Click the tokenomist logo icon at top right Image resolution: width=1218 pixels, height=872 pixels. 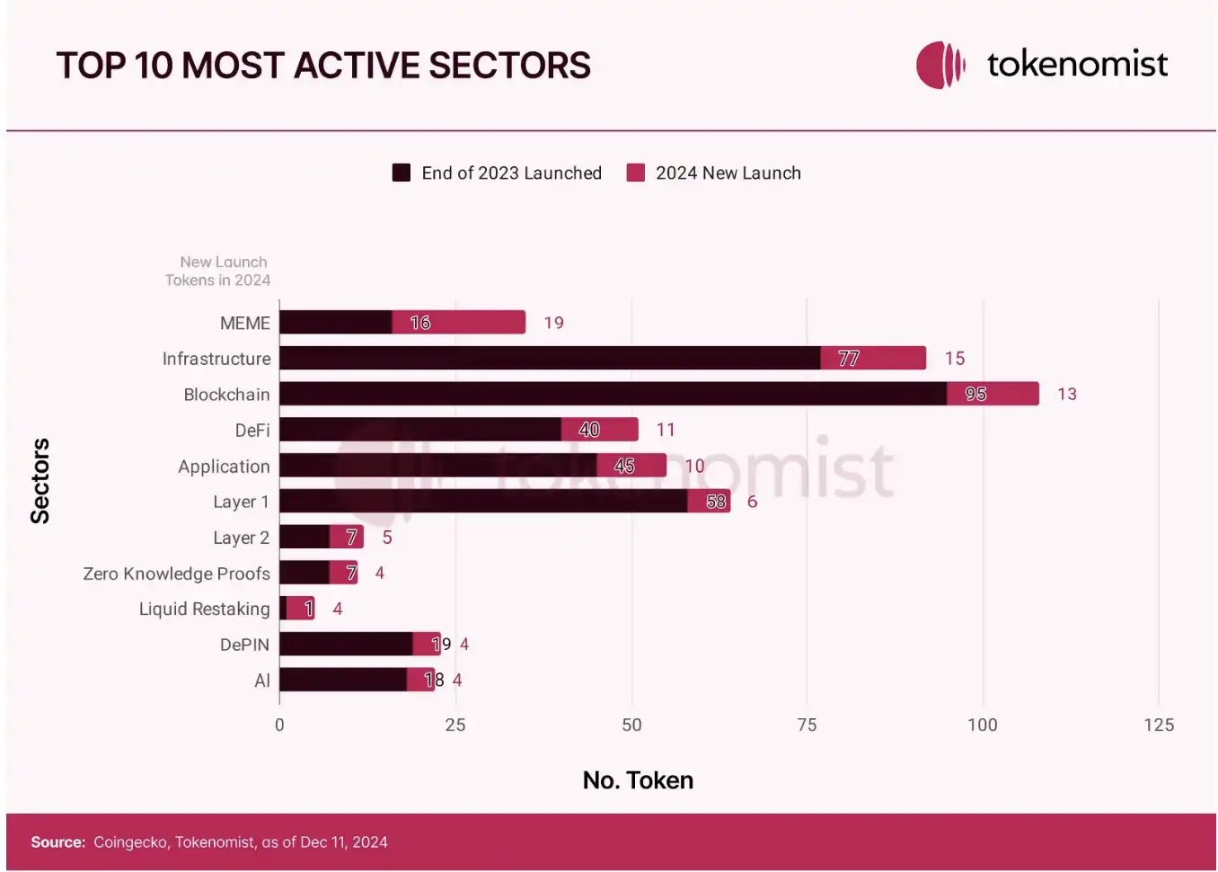coord(940,65)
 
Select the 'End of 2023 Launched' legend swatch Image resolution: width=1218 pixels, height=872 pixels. coord(402,173)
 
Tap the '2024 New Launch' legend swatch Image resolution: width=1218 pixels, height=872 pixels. coord(636,173)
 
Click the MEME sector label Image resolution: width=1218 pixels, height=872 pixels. coord(244,323)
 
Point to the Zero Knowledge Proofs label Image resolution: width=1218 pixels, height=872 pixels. coord(176,574)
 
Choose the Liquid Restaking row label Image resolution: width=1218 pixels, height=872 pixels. coord(204,609)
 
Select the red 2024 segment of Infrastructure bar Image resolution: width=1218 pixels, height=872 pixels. coord(873,358)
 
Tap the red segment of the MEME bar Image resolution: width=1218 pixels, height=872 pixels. coord(459,322)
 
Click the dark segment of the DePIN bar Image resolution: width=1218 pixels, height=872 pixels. coord(346,644)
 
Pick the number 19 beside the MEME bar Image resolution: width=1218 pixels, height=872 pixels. coord(553,323)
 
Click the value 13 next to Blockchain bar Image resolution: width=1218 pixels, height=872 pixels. coord(1066,394)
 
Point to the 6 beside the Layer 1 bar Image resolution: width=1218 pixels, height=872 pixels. coord(752,502)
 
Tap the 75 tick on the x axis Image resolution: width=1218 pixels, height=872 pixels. coord(807,725)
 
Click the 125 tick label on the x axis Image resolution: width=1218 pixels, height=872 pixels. coord(1158,725)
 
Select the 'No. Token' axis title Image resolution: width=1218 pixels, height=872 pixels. coord(638,779)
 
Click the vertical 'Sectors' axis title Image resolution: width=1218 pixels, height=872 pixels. coord(40,481)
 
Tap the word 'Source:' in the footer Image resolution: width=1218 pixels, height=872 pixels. coord(57,842)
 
